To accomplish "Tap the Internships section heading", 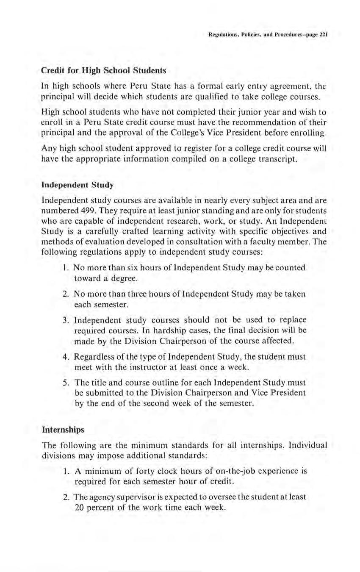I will coord(63,429).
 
